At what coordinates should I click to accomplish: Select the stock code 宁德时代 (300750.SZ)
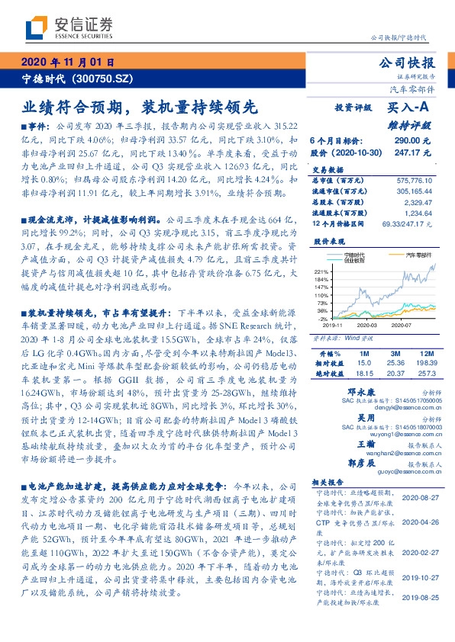click(77, 78)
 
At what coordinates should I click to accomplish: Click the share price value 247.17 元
click(412, 153)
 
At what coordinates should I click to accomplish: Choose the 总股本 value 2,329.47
click(418, 202)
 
